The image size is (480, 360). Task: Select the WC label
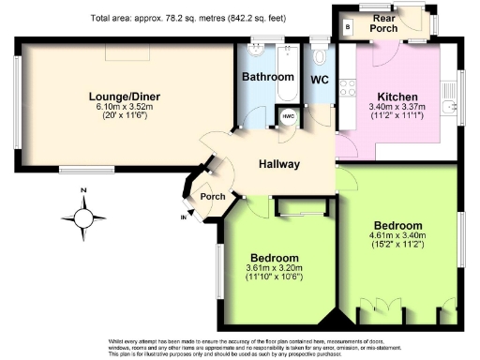click(x=320, y=80)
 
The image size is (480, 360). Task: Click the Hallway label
click(x=280, y=165)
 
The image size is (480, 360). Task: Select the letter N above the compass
click(x=83, y=191)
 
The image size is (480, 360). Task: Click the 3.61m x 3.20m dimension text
click(x=274, y=270)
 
